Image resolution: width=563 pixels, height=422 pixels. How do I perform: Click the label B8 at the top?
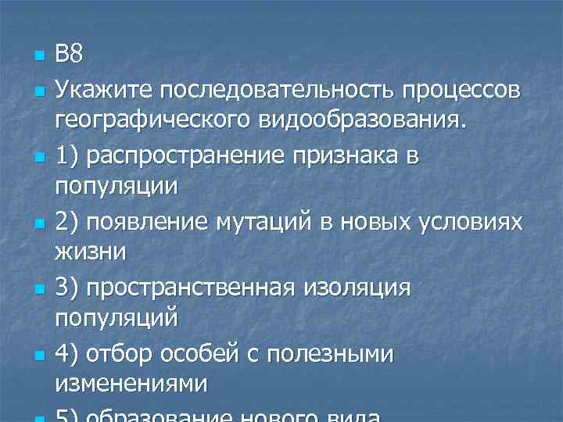[x=68, y=55]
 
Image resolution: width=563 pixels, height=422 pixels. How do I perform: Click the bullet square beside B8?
[x=36, y=57]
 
